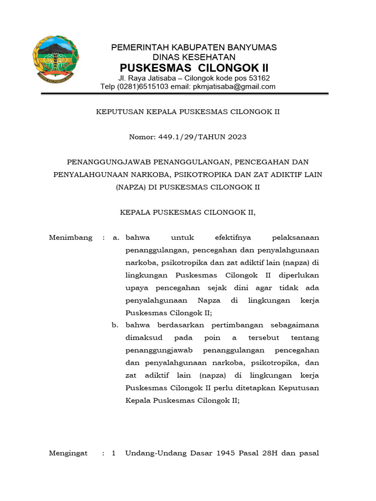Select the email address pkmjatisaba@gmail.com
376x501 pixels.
coord(234,87)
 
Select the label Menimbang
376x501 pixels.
coord(70,238)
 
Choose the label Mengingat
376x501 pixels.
coord(68,453)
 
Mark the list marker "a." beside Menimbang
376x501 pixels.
coord(116,238)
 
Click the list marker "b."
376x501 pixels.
coord(116,325)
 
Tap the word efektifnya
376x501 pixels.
coord(233,238)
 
